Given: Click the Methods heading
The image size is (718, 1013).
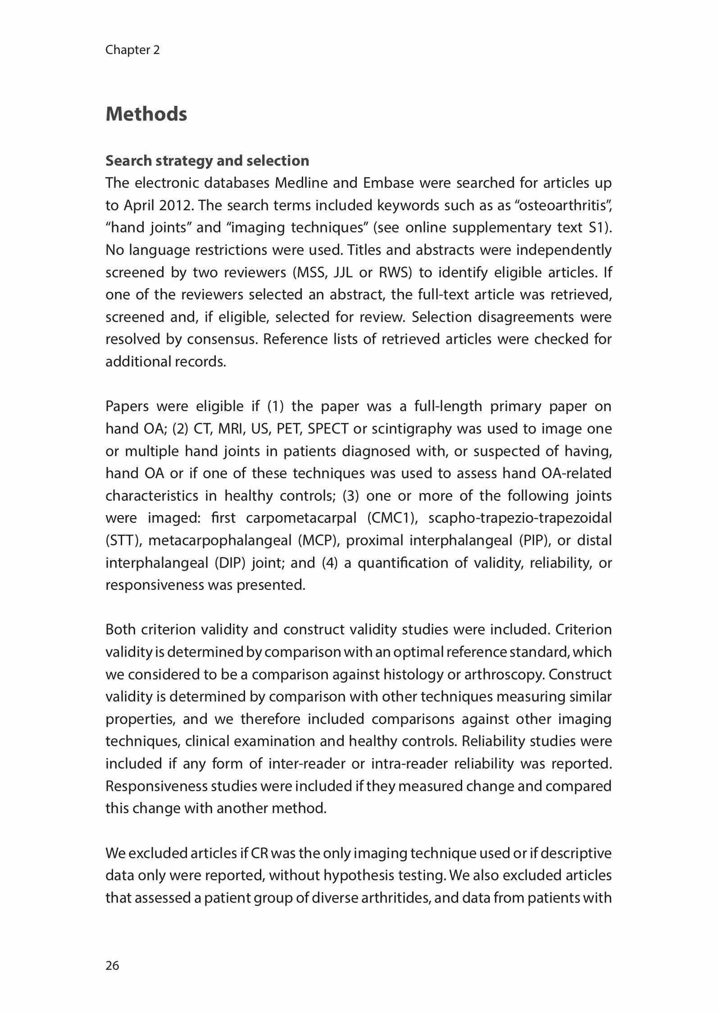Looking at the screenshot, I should [x=146, y=114].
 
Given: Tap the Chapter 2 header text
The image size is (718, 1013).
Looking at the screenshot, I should [x=132, y=50].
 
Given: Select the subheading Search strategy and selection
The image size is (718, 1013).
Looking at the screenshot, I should [x=207, y=161].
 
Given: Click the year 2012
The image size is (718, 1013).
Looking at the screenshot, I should [x=175, y=205].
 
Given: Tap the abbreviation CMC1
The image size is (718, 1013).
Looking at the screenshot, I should [x=391, y=518].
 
